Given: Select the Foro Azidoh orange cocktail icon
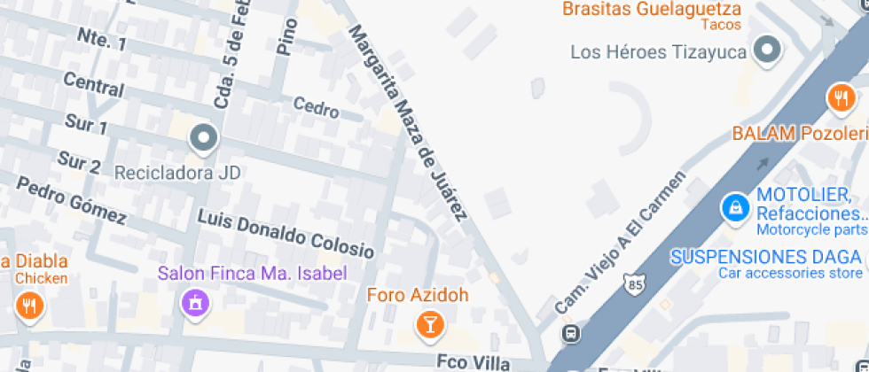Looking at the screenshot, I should [x=430, y=324].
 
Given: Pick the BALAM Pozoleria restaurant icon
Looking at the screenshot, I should [x=840, y=97].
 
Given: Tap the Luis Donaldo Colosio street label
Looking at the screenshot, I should [x=286, y=229].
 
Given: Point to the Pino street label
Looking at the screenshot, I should [x=285, y=35].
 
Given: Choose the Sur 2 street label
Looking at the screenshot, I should [x=78, y=162].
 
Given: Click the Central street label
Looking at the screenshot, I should [x=93, y=86].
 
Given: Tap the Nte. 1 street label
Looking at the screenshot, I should [x=101, y=39].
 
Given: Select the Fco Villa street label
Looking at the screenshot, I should [x=474, y=361].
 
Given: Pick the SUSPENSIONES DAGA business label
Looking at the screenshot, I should [x=764, y=258].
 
